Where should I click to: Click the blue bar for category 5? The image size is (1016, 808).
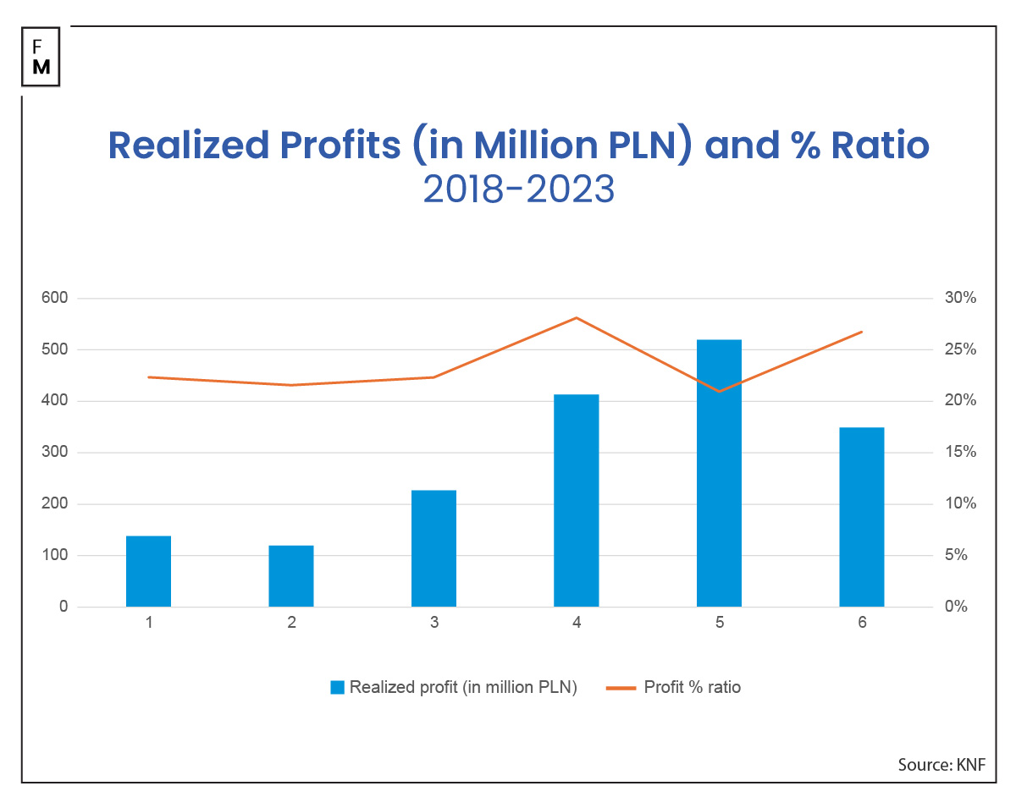click(x=719, y=473)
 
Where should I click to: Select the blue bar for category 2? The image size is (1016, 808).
click(x=291, y=576)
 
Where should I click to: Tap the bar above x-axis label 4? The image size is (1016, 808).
click(x=576, y=500)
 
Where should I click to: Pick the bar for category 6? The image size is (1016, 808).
click(x=861, y=517)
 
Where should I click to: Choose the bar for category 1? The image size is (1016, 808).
click(x=148, y=571)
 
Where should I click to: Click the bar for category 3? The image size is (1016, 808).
click(x=433, y=548)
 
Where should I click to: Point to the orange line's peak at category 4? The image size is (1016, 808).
click(x=576, y=318)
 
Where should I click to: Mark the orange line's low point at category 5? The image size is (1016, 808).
click(x=719, y=391)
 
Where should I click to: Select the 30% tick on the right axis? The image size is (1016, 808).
click(x=960, y=299)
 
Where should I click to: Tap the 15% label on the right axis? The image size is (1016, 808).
click(x=960, y=453)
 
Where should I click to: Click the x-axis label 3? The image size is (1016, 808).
click(x=433, y=624)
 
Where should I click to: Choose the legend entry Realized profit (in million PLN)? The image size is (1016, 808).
click(x=455, y=687)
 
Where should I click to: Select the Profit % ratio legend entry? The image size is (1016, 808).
click(x=674, y=687)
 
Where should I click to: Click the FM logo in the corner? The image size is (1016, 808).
click(x=41, y=57)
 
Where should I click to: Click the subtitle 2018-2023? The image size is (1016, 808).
click(x=518, y=190)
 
